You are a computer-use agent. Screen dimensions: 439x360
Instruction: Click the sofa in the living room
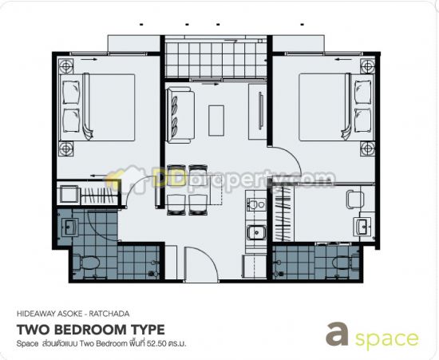[180, 115]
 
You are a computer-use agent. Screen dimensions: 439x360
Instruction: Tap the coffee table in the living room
[216, 121]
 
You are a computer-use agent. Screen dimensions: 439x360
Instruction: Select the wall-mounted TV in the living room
[261, 111]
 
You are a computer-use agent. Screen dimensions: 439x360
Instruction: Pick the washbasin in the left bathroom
[69, 227]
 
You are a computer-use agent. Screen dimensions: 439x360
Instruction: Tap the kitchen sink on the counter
[256, 233]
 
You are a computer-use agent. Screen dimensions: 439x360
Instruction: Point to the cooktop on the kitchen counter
[256, 204]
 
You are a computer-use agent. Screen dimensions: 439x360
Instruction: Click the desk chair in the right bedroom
[354, 200]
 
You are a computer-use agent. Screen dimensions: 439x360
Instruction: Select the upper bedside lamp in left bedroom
[66, 66]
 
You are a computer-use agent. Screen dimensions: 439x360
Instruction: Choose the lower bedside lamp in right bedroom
[368, 148]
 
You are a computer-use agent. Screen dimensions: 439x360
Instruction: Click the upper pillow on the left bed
[71, 92]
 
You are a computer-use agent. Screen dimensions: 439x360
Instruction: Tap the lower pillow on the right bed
[363, 121]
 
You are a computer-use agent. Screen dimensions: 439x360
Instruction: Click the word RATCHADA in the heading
[109, 314]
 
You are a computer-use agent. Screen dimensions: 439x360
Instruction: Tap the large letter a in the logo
[337, 334]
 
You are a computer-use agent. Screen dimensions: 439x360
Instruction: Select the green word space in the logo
[386, 339]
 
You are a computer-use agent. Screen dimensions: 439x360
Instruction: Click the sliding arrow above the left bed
[90, 59]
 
